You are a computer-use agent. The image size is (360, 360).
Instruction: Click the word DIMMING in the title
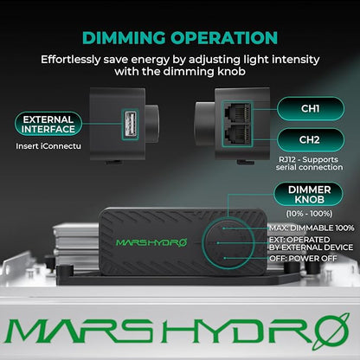point(124,38)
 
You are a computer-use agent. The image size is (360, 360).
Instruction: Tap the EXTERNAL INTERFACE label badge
point(48,124)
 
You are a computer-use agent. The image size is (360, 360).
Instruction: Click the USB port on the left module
point(130,124)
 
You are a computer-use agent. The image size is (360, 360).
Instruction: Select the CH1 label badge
point(311,108)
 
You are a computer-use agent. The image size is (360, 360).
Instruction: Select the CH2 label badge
point(311,140)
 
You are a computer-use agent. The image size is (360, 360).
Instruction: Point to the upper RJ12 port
point(237,112)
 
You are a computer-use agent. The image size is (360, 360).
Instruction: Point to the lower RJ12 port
point(237,134)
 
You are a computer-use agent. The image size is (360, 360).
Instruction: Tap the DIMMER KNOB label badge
point(309,195)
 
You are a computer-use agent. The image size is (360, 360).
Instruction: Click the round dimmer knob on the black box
point(228,243)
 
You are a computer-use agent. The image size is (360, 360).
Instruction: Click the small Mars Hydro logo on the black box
point(151,242)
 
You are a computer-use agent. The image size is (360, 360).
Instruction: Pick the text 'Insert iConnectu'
point(48,146)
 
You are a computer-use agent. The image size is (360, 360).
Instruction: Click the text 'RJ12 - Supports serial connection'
point(309,164)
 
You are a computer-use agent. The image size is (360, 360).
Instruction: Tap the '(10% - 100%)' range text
point(309,214)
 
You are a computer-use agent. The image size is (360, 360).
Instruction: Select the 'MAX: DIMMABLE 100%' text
point(312,228)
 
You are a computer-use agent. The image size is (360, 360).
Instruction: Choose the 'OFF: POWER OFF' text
point(303,259)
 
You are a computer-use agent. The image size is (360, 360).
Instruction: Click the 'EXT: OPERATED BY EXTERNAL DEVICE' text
point(311,244)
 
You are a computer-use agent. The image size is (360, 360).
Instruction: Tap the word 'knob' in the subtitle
point(230,71)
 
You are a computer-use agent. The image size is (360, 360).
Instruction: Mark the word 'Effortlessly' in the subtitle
point(70,60)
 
